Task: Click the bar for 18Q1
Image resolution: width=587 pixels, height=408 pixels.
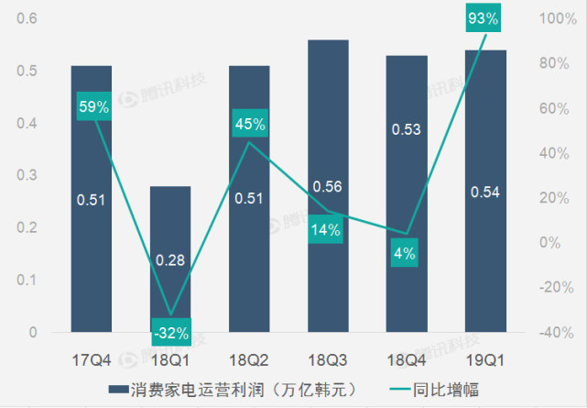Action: (170, 257)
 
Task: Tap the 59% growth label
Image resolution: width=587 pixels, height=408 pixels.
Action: (92, 107)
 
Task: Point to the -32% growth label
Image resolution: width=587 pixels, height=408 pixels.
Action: (170, 332)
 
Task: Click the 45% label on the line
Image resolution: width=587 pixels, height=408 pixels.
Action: (248, 124)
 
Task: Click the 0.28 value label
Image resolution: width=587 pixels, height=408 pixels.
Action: (170, 260)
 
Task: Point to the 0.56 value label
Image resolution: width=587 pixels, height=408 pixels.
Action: (327, 187)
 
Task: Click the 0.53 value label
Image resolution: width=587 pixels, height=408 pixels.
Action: (406, 129)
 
